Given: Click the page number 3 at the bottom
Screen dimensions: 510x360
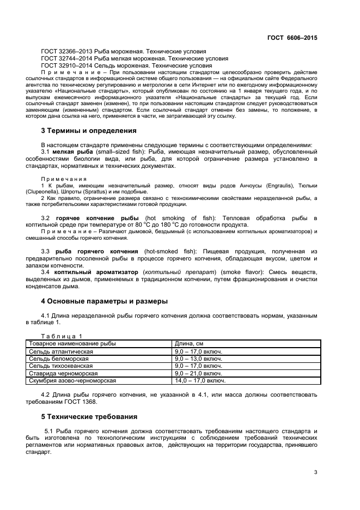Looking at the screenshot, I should pyautogui.click(x=315, y=472).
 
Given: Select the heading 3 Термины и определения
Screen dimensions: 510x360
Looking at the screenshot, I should pyautogui.click(x=89, y=131).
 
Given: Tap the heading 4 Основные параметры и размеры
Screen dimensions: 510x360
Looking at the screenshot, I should pyautogui.click(x=104, y=301).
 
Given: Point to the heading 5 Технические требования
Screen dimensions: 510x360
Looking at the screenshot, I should pyautogui.click(x=89, y=417).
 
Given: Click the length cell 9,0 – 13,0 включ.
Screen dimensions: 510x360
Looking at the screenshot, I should pyautogui.click(x=198, y=359).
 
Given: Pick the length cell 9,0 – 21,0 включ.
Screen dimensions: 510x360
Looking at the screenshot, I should pyautogui.click(x=198, y=374).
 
